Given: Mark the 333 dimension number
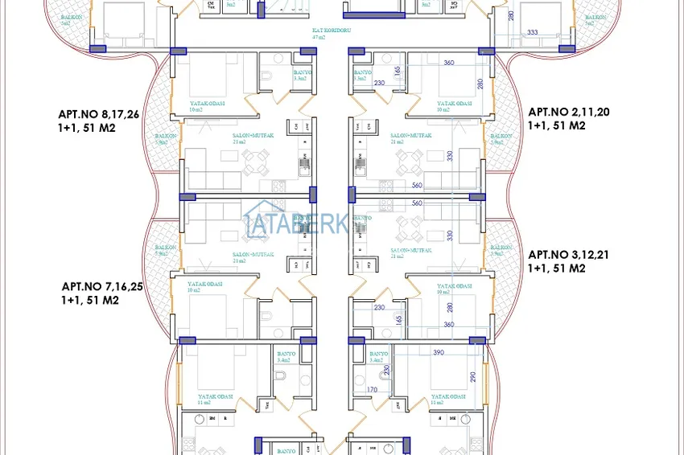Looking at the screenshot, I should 532,32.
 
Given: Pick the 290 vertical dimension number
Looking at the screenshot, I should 475,377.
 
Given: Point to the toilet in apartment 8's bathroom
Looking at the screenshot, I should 266,77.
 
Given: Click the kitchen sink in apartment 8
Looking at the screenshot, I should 305,167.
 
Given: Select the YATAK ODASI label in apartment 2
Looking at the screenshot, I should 452,105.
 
